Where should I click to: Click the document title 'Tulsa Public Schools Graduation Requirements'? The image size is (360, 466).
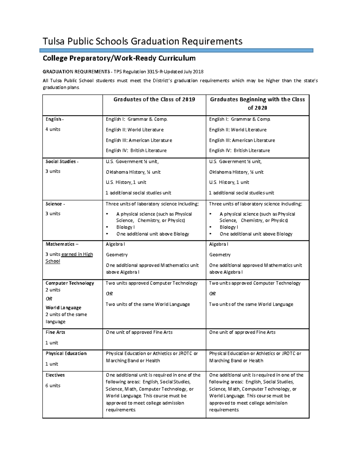pyautogui.click(x=142, y=41)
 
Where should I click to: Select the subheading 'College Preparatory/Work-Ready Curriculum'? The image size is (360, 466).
pyautogui.click(x=119, y=58)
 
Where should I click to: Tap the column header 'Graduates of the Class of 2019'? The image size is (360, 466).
pyautogui.click(x=154, y=100)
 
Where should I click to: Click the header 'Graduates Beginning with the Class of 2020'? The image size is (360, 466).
pyautogui.click(x=257, y=104)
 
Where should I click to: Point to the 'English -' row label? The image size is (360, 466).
pyautogui.click(x=54, y=119)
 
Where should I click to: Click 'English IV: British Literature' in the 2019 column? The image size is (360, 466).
pyautogui.click(x=136, y=151)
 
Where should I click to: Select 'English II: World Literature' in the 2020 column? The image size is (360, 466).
pyautogui.click(x=238, y=130)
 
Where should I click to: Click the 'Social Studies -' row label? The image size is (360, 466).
pyautogui.click(x=62, y=161)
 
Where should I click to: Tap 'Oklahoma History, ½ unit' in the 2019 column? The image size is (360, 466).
pyautogui.click(x=133, y=172)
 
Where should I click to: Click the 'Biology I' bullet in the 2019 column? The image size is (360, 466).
pyautogui.click(x=125, y=227)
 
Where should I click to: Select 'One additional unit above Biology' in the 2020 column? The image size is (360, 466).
pyautogui.click(x=256, y=234)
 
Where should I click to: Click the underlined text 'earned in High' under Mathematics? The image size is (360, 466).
pyautogui.click(x=77, y=254)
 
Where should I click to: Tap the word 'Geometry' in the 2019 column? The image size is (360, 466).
pyautogui.click(x=117, y=255)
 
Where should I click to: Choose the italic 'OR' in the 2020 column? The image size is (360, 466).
pyautogui.click(x=212, y=294)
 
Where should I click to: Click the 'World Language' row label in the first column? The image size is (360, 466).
pyautogui.click(x=63, y=308)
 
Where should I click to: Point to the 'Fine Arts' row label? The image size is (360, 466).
pyautogui.click(x=55, y=332)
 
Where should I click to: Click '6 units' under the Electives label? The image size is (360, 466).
pyautogui.click(x=53, y=386)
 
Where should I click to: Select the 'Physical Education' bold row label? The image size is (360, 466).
pyautogui.click(x=66, y=353)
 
